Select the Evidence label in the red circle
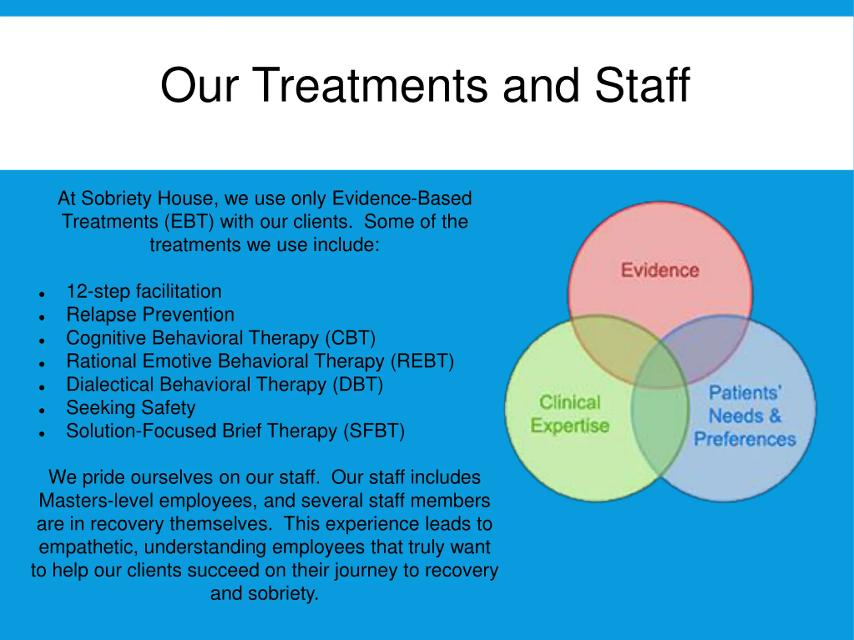[x=660, y=270]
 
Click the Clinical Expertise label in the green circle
[x=570, y=414]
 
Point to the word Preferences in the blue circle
[x=745, y=439]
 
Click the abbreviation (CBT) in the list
[x=350, y=338]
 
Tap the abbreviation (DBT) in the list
[x=358, y=385]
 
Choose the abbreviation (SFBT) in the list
[x=374, y=431]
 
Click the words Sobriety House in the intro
[x=147, y=198]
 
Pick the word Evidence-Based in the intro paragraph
[x=402, y=198]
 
